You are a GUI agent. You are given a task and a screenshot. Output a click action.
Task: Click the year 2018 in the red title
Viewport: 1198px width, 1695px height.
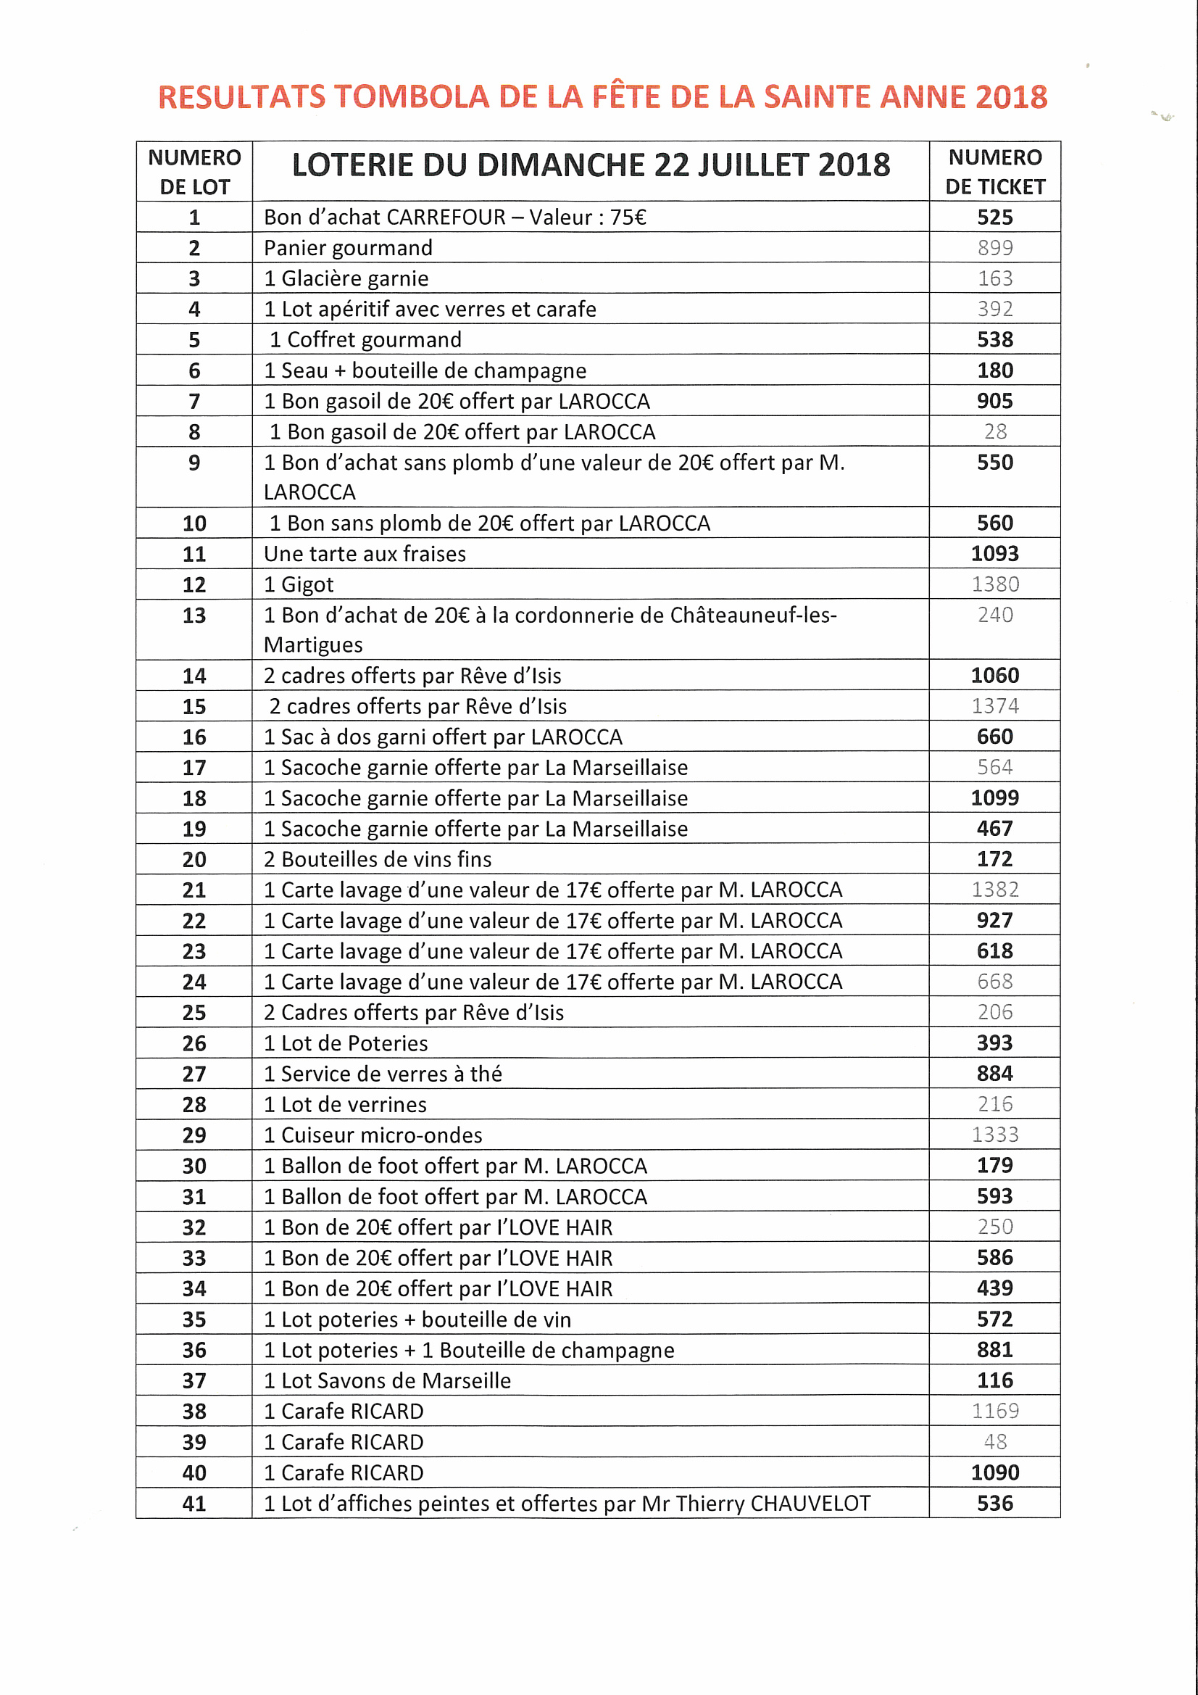tap(1010, 97)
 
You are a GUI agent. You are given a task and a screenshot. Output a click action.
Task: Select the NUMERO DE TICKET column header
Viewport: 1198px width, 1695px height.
tap(994, 172)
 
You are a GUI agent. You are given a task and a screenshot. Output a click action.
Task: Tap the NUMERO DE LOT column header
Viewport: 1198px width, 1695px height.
tap(194, 172)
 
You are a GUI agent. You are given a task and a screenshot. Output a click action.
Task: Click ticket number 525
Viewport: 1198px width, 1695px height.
tap(994, 217)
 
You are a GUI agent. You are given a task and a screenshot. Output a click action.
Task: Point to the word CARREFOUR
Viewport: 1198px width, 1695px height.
tap(446, 217)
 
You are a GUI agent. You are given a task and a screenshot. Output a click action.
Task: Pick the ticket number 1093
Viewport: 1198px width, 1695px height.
tap(994, 554)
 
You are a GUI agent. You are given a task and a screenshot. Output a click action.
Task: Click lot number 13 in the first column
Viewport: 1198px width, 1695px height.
tap(194, 615)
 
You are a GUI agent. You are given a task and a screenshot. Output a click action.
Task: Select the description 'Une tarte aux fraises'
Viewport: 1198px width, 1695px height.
tap(365, 554)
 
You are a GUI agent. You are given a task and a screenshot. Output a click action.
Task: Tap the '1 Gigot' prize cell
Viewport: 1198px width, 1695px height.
tap(298, 584)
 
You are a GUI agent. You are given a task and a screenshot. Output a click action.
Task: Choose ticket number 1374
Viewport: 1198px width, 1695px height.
tap(994, 707)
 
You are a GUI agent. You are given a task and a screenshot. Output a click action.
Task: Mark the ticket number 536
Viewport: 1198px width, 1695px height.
tap(994, 1504)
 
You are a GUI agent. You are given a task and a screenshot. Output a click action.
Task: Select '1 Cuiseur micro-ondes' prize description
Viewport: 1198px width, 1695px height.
tap(373, 1135)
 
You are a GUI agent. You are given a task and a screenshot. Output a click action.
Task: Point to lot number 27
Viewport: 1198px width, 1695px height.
tap(194, 1074)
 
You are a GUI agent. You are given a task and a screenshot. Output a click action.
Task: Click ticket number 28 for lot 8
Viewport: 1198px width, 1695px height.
tap(995, 432)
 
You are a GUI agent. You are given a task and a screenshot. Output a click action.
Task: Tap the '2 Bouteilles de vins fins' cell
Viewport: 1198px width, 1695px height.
tap(377, 859)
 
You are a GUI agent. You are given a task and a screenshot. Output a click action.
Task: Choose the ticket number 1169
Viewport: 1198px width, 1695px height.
tap(994, 1412)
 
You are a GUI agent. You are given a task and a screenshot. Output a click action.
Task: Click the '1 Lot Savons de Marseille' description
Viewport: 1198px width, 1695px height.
tap(387, 1380)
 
